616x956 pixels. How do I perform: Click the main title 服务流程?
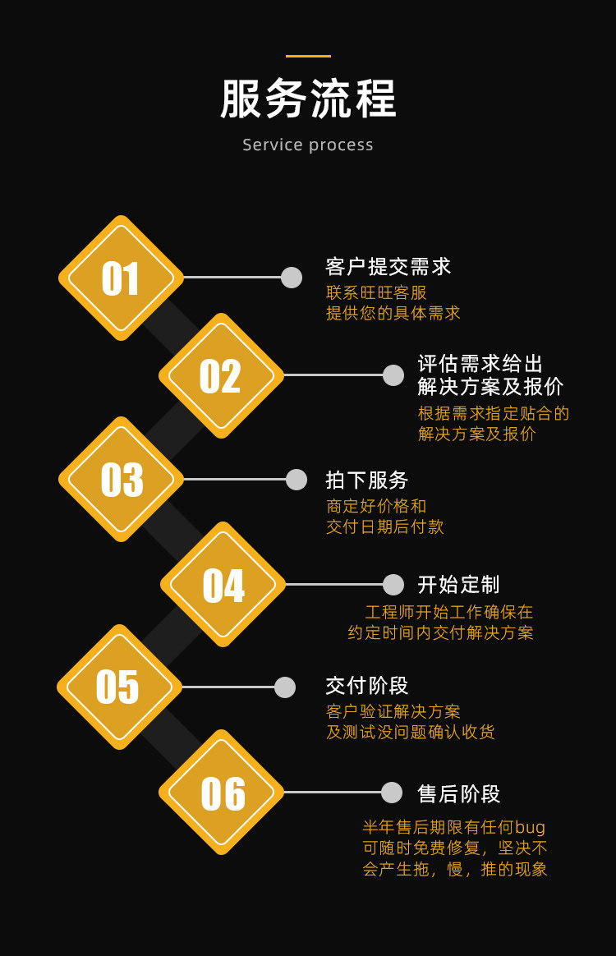[x=308, y=99]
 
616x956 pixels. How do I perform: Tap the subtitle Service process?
[x=308, y=145]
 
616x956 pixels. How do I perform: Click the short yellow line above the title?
[x=308, y=56]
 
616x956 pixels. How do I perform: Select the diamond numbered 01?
[x=121, y=278]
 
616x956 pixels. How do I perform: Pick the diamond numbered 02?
[x=221, y=376]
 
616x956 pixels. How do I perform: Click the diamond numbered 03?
[x=121, y=480]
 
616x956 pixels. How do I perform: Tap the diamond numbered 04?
[x=223, y=585]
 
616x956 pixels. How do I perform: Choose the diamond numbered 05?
[x=119, y=687]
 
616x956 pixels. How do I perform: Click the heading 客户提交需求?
[x=388, y=267]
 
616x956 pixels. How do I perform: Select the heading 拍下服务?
[x=367, y=480]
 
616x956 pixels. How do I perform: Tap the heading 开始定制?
[x=458, y=585]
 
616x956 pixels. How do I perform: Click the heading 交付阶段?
[x=367, y=686]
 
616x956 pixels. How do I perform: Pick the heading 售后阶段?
[x=458, y=794]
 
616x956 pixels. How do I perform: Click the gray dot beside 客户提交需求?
[x=292, y=278]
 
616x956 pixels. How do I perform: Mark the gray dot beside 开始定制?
[x=393, y=585]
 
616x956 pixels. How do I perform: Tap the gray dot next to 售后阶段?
[x=392, y=793]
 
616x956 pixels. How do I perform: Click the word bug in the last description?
[x=531, y=828]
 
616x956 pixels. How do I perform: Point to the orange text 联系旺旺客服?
[x=377, y=293]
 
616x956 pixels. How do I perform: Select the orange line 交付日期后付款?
[x=385, y=527]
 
